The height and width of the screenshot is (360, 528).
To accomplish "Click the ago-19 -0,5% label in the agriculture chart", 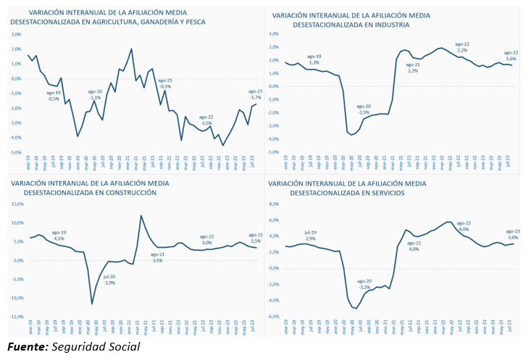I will [x=54, y=96].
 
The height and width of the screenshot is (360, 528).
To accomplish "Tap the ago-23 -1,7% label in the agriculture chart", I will [x=255, y=94].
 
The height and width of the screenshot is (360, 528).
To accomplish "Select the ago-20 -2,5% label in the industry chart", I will [x=364, y=109].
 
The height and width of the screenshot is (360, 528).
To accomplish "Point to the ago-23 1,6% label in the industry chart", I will [x=511, y=56].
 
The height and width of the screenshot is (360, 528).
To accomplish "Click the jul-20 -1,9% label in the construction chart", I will [x=109, y=279].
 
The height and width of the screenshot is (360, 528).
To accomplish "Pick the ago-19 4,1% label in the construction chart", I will [x=59, y=235].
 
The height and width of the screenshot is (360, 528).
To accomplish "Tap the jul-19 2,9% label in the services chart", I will [x=310, y=235].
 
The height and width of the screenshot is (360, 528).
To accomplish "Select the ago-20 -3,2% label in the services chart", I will [x=364, y=284].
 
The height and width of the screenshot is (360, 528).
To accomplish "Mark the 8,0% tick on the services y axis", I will [x=274, y=204].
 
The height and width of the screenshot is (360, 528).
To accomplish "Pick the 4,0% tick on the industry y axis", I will [x=275, y=34].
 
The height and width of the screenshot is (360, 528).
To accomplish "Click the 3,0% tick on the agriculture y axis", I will [x=15, y=34].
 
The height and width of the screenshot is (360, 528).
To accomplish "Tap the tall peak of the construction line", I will [x=141, y=216].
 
